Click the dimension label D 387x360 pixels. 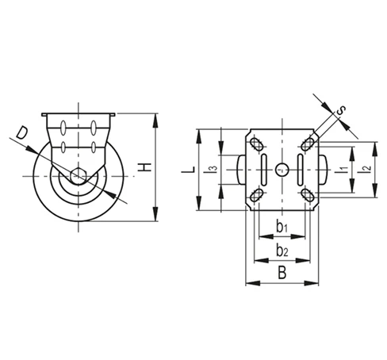coord(22,133)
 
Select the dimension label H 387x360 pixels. coord(145,167)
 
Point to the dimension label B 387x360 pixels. coord(282,273)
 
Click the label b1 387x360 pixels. coord(282,227)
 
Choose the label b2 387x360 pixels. coord(282,251)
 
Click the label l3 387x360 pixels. coord(212,170)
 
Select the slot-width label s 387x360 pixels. coord(341,110)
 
